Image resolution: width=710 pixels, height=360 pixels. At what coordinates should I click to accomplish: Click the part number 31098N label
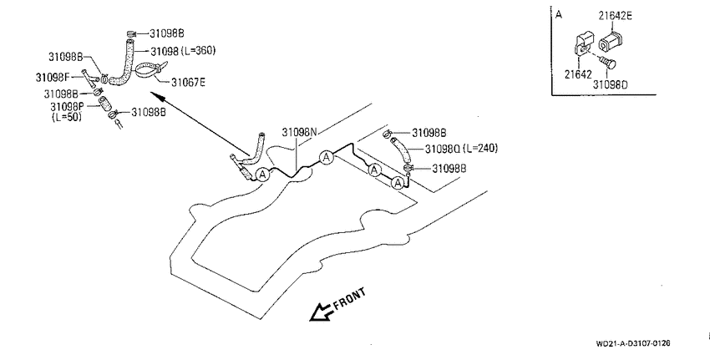coord(300,132)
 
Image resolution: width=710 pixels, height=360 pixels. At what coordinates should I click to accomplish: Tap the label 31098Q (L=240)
coord(461,149)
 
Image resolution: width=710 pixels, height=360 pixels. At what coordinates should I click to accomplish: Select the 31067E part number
coord(188,83)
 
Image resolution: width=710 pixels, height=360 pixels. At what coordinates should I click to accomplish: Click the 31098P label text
coord(67,107)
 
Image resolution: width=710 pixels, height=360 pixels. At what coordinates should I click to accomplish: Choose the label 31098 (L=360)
coord(183,51)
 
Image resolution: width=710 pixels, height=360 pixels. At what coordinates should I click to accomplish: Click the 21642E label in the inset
coord(616,16)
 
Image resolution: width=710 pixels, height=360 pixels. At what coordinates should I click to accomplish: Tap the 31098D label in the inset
coord(611,84)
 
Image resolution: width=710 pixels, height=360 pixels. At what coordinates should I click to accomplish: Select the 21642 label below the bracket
coord(578,74)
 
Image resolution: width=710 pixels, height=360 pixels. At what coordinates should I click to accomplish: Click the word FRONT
coord(349,298)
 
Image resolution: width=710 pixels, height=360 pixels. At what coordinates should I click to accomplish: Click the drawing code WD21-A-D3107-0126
coord(633,343)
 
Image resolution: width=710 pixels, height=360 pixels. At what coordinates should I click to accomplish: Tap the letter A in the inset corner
coord(559,15)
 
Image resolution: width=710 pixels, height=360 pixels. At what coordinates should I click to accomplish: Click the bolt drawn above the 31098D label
coord(606,62)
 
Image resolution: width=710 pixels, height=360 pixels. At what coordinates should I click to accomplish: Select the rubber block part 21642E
coord(610,41)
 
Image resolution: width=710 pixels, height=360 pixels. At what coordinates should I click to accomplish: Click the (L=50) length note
coord(67,117)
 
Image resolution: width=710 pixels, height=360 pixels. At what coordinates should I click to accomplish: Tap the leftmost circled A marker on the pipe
coord(262,174)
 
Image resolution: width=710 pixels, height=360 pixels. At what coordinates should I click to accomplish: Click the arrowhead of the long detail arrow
coord(154,95)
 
